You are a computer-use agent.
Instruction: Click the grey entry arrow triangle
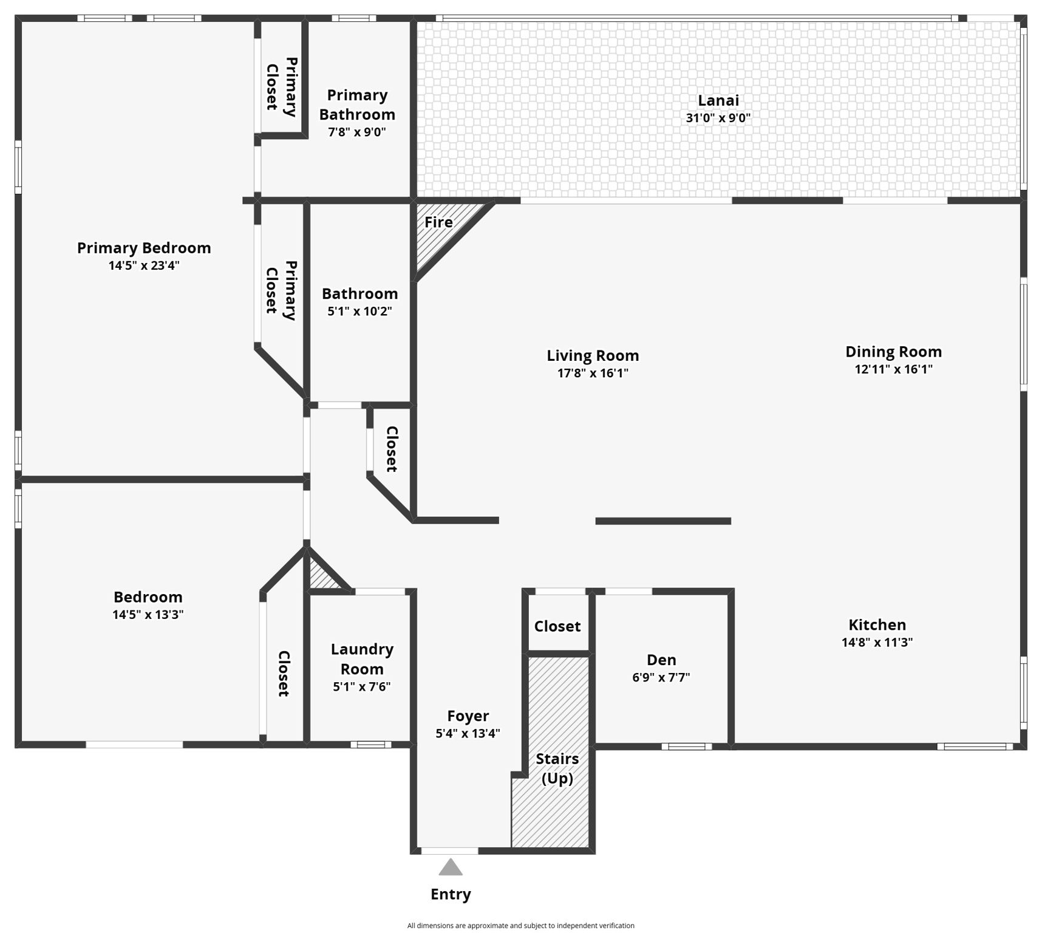coord(451,867)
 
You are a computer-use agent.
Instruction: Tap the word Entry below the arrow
coord(451,894)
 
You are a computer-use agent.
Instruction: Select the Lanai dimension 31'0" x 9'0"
coord(718,118)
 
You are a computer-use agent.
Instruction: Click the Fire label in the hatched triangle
coord(438,222)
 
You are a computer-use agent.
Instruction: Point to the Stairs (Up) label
coord(557,768)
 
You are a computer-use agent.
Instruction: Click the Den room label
coord(661,660)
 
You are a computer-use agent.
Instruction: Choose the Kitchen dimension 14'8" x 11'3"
coord(877,642)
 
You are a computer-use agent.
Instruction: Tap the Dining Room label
coord(893,352)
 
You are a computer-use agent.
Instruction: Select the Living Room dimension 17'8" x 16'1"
coord(593,373)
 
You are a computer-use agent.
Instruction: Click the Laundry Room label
coord(362,659)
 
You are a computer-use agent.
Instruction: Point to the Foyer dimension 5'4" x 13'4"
coord(468,733)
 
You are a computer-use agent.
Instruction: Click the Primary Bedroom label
coord(144,248)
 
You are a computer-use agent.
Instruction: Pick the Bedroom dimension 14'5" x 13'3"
coord(148,614)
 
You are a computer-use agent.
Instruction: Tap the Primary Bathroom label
coord(357,104)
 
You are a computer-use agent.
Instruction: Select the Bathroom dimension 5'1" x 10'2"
coord(359,311)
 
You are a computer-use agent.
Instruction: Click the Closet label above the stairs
coord(557,626)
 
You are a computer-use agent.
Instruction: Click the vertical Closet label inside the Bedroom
coord(284,673)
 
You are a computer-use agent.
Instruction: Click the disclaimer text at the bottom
coord(520,926)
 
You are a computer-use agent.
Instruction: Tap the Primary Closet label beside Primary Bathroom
coord(282,86)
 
